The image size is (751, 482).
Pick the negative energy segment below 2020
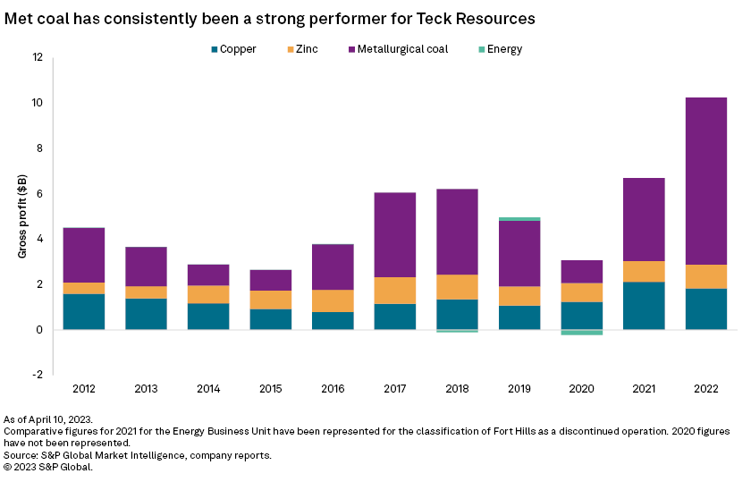pos(581,333)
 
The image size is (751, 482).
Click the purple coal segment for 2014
pos(208,275)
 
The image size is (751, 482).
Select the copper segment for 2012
pos(84,312)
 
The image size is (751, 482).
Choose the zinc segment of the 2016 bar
pos(333,300)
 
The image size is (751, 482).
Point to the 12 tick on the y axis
pos(38,57)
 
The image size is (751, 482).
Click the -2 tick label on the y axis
pos(36,376)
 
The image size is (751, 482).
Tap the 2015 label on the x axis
pos(270,390)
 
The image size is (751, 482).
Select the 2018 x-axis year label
pos(457,390)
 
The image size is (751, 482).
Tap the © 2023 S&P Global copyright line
pos(48,466)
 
